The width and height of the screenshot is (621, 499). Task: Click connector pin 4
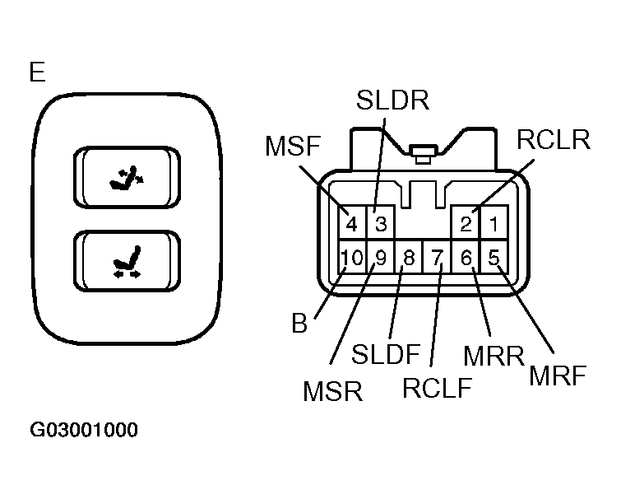(x=351, y=223)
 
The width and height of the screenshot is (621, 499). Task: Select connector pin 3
(x=381, y=223)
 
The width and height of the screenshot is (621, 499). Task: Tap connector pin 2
(x=466, y=223)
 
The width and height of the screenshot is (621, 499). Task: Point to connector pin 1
(x=494, y=223)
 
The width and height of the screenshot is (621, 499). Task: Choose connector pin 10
(x=351, y=258)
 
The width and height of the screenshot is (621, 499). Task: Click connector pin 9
(x=380, y=258)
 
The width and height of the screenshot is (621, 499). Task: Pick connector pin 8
(x=409, y=258)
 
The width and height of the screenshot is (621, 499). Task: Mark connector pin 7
(x=438, y=258)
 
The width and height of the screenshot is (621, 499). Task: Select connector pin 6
(x=466, y=258)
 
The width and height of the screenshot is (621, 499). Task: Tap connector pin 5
(x=494, y=258)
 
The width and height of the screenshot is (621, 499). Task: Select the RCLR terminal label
(x=554, y=141)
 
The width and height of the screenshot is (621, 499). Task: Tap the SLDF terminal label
(x=386, y=356)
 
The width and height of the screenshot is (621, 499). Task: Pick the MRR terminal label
(x=493, y=357)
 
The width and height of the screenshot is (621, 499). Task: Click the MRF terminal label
(x=558, y=376)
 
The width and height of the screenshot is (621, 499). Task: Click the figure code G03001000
(x=83, y=431)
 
